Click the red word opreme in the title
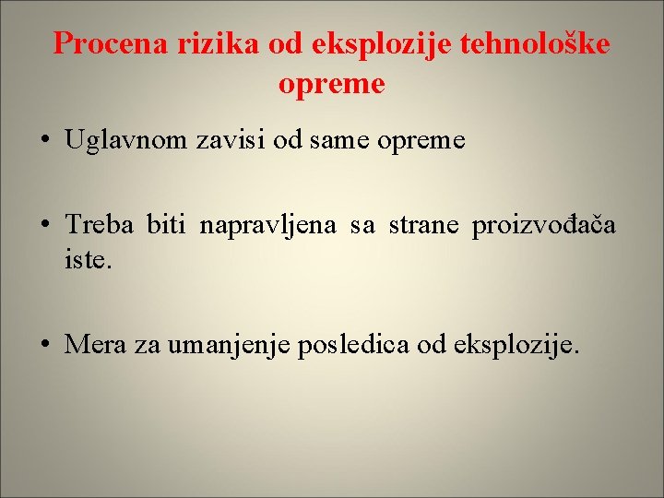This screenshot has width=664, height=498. tap(331, 84)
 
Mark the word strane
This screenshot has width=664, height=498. tap(423, 226)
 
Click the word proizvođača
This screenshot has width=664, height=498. tap(544, 226)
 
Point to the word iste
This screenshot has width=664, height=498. tap(89, 261)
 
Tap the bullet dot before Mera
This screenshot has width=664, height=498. tap(45, 347)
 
